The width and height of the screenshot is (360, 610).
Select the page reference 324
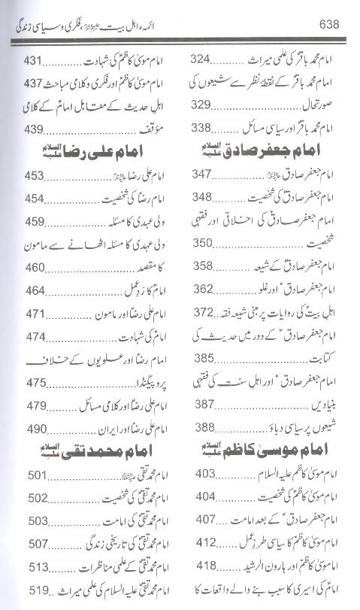[204, 59]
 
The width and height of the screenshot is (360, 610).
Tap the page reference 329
[204, 104]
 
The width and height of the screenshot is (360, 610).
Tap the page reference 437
[29, 82]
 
